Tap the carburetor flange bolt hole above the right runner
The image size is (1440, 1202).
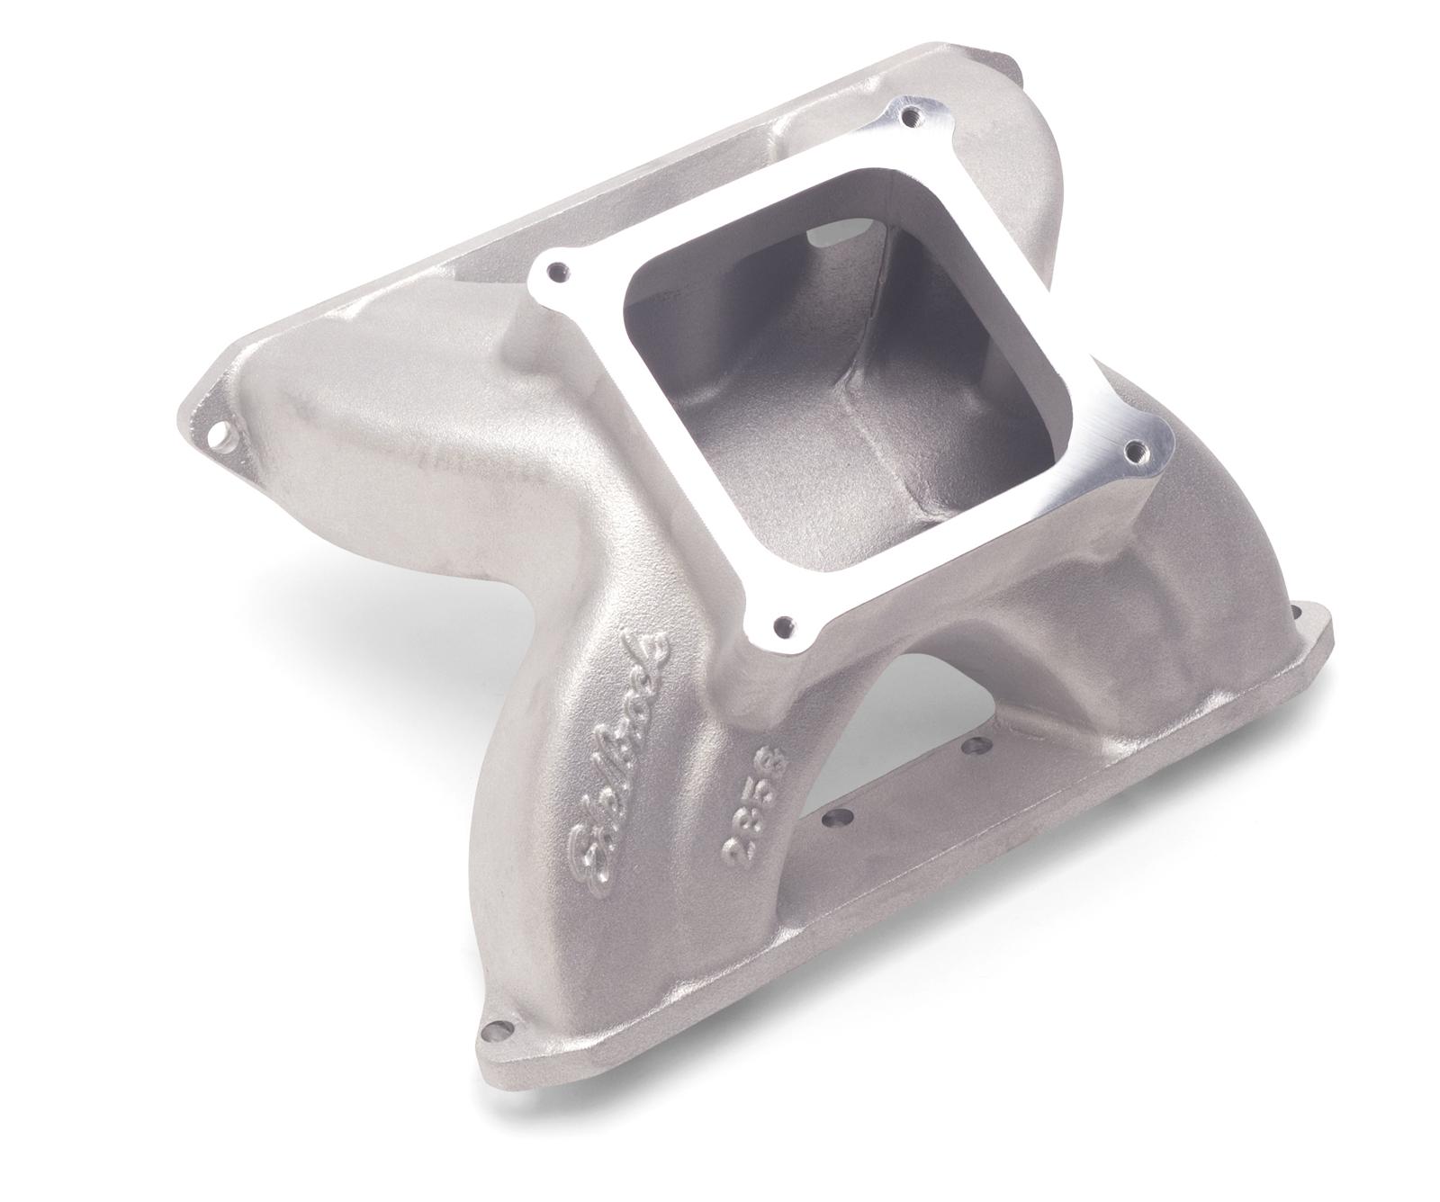1137,447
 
